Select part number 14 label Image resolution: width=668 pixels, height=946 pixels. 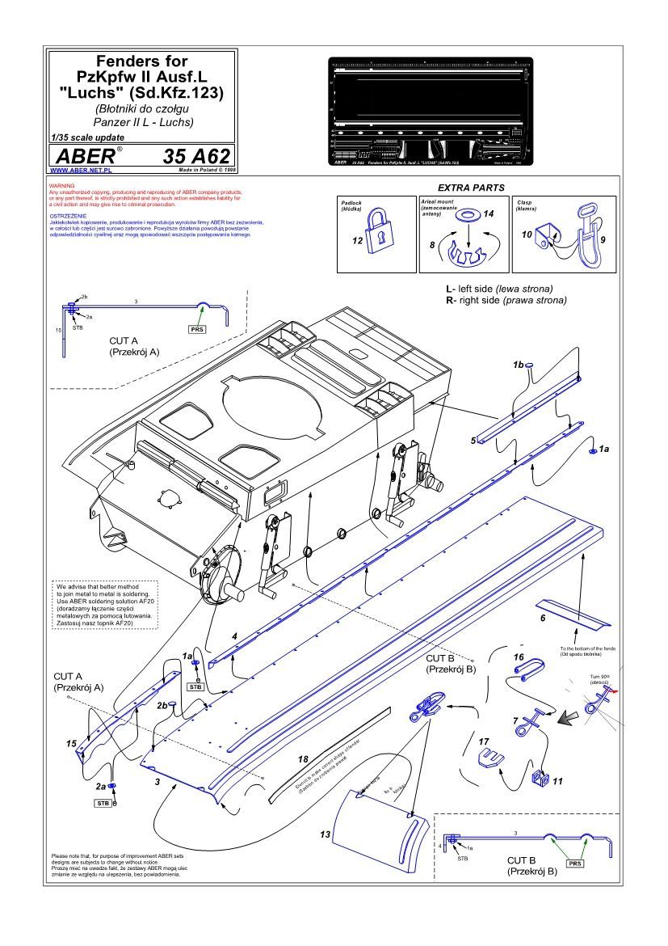pyautogui.click(x=488, y=213)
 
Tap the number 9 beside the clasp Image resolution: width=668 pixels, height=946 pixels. pyautogui.click(x=603, y=241)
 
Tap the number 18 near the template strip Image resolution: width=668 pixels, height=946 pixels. pyautogui.click(x=303, y=760)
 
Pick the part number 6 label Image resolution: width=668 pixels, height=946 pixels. pyautogui.click(x=543, y=618)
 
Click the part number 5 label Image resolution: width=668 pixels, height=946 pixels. pyautogui.click(x=473, y=441)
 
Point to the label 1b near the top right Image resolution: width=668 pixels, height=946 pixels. pyautogui.click(x=519, y=365)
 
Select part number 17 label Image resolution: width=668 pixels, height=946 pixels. pyautogui.click(x=484, y=741)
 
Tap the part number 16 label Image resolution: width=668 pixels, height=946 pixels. pyautogui.click(x=519, y=657)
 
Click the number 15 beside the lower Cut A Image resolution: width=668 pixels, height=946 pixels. pyautogui.click(x=71, y=742)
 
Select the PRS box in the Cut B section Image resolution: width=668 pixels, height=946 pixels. pyautogui.click(x=575, y=864)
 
